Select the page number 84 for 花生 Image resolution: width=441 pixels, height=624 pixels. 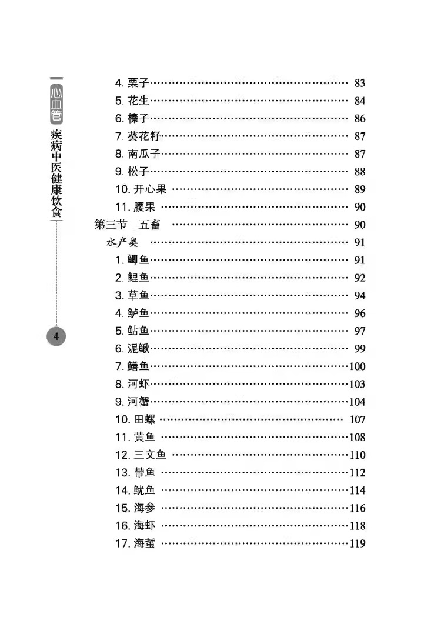360,101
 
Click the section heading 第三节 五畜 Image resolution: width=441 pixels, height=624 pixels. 126,225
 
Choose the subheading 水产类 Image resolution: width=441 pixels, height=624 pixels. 122,242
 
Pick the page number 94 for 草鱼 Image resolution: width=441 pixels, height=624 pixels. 360,296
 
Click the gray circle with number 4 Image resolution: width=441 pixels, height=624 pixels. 56,336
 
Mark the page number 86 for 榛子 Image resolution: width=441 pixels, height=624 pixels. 360,119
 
